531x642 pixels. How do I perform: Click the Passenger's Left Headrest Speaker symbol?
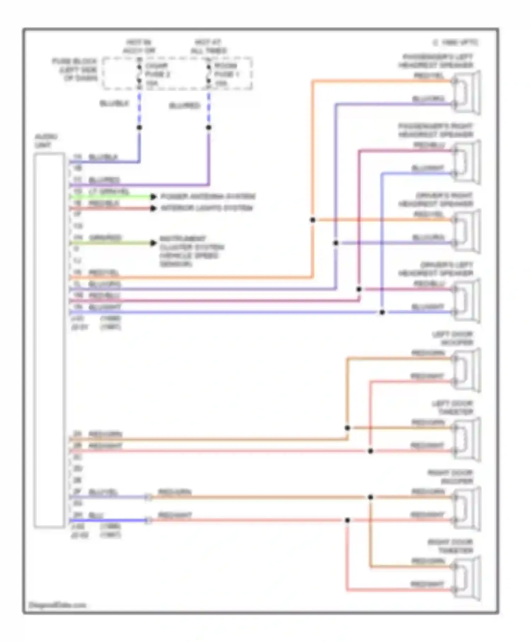[x=467, y=92]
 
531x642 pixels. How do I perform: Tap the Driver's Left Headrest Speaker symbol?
[x=467, y=300]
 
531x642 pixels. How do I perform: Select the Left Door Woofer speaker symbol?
[x=467, y=370]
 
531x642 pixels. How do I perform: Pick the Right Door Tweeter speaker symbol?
[x=467, y=578]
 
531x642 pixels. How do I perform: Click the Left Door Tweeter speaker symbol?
[x=467, y=439]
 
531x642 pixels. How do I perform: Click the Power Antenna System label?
[x=208, y=196]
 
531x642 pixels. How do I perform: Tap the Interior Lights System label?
[x=207, y=208]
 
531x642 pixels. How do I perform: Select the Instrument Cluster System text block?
[x=191, y=251]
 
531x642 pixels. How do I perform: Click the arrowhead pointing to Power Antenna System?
[x=153, y=196]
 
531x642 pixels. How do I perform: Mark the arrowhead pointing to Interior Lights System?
[x=153, y=208]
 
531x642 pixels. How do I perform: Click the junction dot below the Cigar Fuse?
[x=139, y=127]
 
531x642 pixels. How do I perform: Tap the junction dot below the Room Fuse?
[x=209, y=127]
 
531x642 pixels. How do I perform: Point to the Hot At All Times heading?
[x=209, y=46]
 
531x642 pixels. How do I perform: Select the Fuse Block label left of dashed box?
[x=75, y=70]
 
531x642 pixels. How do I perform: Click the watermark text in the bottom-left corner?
[x=57, y=605]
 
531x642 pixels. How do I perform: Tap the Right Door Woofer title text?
[x=450, y=477]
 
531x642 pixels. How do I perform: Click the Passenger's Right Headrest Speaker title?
[x=435, y=130]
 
